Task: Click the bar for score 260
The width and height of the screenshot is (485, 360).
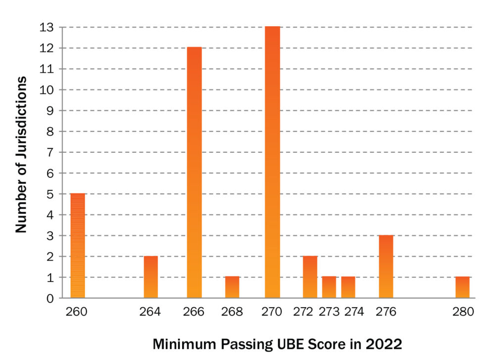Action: pyautogui.click(x=78, y=246)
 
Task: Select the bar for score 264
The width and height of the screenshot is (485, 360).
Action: pyautogui.click(x=150, y=277)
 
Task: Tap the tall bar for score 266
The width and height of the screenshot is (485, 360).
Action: pyautogui.click(x=194, y=173)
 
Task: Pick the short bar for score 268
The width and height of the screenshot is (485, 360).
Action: pyautogui.click(x=232, y=287)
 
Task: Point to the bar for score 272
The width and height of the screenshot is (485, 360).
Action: pyautogui.click(x=310, y=277)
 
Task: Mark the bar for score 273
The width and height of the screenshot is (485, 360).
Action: pyautogui.click(x=329, y=287)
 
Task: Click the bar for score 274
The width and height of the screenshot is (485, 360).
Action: pyautogui.click(x=348, y=287)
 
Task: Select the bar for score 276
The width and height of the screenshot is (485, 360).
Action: pyautogui.click(x=386, y=267)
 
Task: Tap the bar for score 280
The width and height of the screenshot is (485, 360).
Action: pyautogui.click(x=462, y=287)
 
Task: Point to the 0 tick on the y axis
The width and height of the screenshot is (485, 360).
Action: pyautogui.click(x=50, y=298)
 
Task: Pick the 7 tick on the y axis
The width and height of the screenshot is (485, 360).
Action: pyautogui.click(x=50, y=152)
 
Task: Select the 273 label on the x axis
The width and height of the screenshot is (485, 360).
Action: pyautogui.click(x=329, y=312)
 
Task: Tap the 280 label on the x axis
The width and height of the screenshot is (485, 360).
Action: pyautogui.click(x=463, y=312)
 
